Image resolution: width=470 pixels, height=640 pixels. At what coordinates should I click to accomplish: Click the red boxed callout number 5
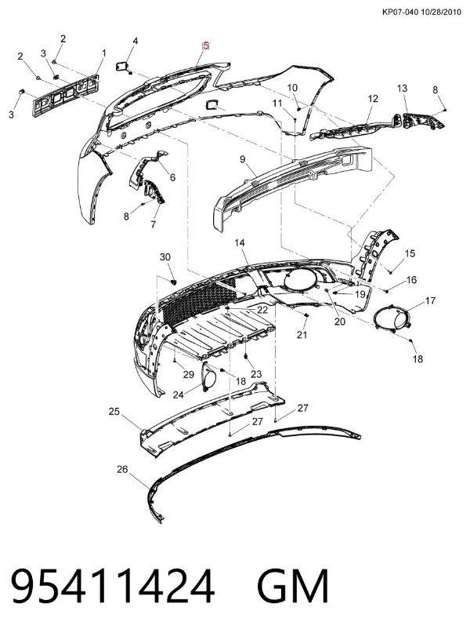coord(206,45)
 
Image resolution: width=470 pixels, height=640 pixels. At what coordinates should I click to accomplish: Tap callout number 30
coord(165,257)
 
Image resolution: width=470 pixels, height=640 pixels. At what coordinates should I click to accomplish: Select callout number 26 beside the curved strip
coord(122,469)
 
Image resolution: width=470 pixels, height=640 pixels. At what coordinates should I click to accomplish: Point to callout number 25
coord(114,412)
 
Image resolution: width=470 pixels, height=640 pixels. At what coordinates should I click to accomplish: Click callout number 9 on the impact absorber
coord(243,159)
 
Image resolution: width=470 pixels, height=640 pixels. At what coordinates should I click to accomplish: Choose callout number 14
coord(240,243)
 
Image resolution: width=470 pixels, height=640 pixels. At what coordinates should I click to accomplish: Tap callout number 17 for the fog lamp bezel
coord(431,301)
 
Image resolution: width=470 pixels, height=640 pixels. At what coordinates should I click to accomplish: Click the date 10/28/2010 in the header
coord(441,12)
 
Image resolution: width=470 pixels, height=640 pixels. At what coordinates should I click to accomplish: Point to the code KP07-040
coord(400,12)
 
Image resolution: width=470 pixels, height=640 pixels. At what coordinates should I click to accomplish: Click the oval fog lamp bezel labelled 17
coord(392,317)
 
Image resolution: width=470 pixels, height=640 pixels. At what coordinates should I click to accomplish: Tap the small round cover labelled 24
coord(208,376)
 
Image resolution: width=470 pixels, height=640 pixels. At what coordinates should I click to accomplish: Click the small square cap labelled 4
coord(122,66)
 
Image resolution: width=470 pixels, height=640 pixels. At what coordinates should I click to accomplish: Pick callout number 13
coord(402,88)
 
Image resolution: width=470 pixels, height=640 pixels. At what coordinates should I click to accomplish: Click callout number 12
coord(373,98)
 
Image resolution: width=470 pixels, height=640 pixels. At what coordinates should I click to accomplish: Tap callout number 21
coord(302,335)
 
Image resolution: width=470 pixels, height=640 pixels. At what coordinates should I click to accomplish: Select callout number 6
coord(172,177)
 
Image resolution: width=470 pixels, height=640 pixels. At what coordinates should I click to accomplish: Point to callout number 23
coord(256,374)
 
